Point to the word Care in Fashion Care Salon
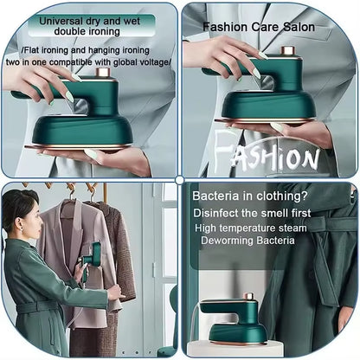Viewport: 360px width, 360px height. (x=259, y=27)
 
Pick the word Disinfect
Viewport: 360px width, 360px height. (x=221, y=213)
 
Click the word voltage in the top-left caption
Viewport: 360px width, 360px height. (x=152, y=62)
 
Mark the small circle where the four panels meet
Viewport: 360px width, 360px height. (x=179, y=180)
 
